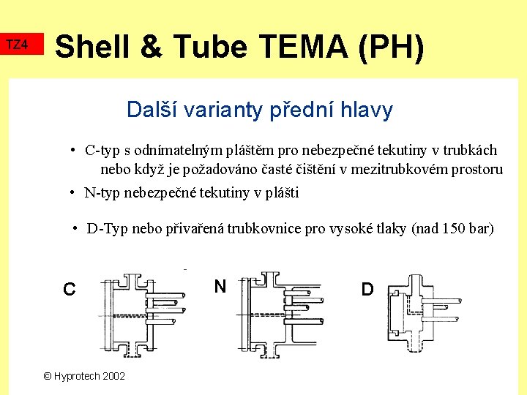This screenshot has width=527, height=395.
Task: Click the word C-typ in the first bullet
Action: pyautogui.click(x=102, y=151)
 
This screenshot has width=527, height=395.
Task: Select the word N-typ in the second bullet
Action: pyautogui.click(x=102, y=193)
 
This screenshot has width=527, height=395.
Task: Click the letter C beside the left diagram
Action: pyautogui.click(x=69, y=290)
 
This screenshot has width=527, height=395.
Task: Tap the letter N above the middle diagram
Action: pyautogui.click(x=220, y=286)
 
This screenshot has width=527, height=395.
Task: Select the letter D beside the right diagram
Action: pyautogui.click(x=367, y=289)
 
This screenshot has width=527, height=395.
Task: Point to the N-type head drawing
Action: pyautogui.click(x=279, y=315)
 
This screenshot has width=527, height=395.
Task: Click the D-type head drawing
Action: pyautogui.click(x=417, y=311)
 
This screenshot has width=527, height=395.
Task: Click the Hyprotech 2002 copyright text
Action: pyautogui.click(x=84, y=376)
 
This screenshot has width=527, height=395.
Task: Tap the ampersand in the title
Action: pyautogui.click(x=149, y=47)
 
